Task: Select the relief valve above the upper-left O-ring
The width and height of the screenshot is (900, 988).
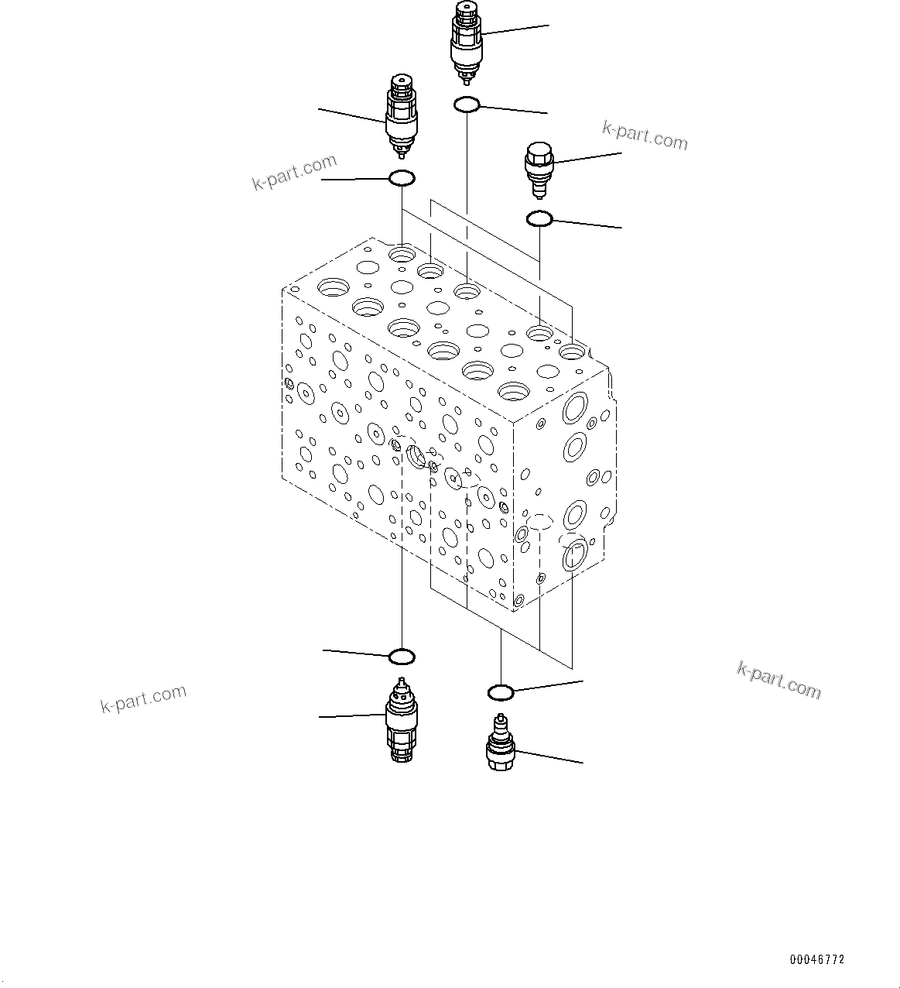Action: coord(401,116)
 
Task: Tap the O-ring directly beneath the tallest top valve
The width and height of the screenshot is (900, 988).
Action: coord(467,105)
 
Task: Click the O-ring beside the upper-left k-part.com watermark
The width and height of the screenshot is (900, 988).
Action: coord(402,179)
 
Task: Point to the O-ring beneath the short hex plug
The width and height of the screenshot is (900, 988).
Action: coord(539,219)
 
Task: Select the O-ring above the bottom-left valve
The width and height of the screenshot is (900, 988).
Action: coord(402,657)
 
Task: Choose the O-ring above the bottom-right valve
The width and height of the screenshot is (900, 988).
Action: coord(501,691)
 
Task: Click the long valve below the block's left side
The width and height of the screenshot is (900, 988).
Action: coord(401,720)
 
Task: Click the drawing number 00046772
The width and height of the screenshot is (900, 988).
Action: coord(817,959)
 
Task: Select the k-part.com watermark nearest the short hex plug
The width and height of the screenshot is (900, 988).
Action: coord(644,135)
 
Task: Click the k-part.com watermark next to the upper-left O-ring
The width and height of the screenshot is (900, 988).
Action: coord(295,172)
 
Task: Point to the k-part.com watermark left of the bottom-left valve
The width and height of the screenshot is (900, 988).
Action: coord(144,698)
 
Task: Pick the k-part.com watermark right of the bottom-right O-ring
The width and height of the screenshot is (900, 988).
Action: coord(779,679)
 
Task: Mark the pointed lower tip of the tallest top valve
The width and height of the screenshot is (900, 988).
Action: coord(467,77)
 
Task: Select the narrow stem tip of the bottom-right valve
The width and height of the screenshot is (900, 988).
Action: coord(500,718)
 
